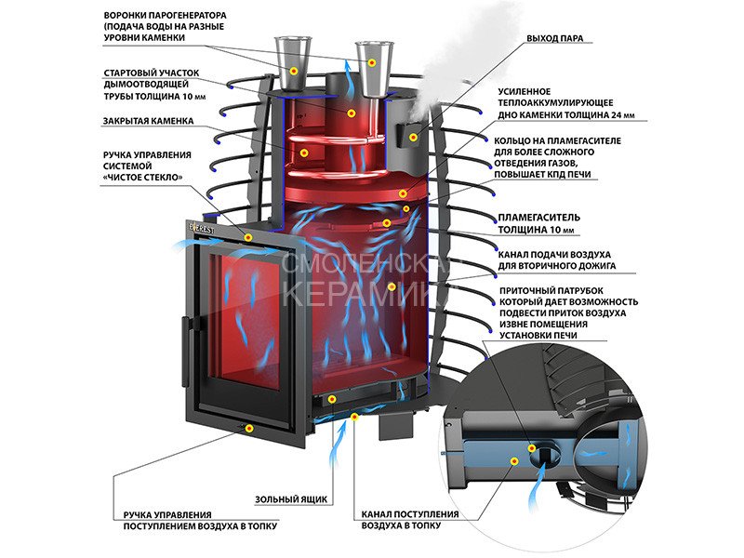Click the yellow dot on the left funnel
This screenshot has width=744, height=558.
(x=293, y=70)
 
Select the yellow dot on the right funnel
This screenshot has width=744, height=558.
(x=372, y=62)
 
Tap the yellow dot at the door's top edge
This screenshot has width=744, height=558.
(x=248, y=238)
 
